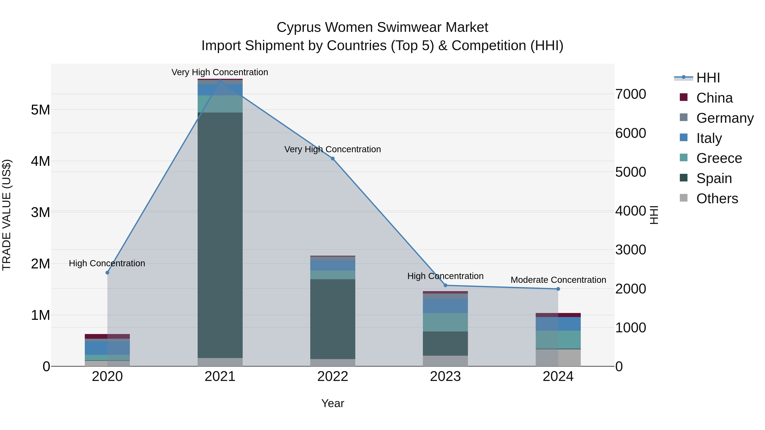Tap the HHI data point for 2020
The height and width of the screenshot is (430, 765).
point(108,273)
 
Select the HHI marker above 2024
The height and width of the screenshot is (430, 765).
point(558,289)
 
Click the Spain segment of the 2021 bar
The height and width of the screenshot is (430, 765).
point(220,234)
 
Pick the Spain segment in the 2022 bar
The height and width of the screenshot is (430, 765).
point(333,319)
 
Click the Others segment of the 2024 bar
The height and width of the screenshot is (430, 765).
point(558,358)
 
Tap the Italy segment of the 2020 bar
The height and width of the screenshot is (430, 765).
point(107,348)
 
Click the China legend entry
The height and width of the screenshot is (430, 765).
point(714,98)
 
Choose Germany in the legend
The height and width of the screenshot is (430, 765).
point(725,118)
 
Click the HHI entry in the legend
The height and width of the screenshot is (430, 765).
point(708,78)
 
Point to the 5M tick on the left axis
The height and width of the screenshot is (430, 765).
point(40,110)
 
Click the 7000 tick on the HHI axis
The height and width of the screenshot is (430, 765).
point(630,94)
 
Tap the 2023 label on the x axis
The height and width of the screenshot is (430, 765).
point(445,376)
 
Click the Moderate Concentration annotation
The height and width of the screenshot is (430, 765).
point(558,280)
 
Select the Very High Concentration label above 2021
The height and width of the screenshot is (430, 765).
point(220,72)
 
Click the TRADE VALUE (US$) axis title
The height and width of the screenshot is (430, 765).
point(7,215)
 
